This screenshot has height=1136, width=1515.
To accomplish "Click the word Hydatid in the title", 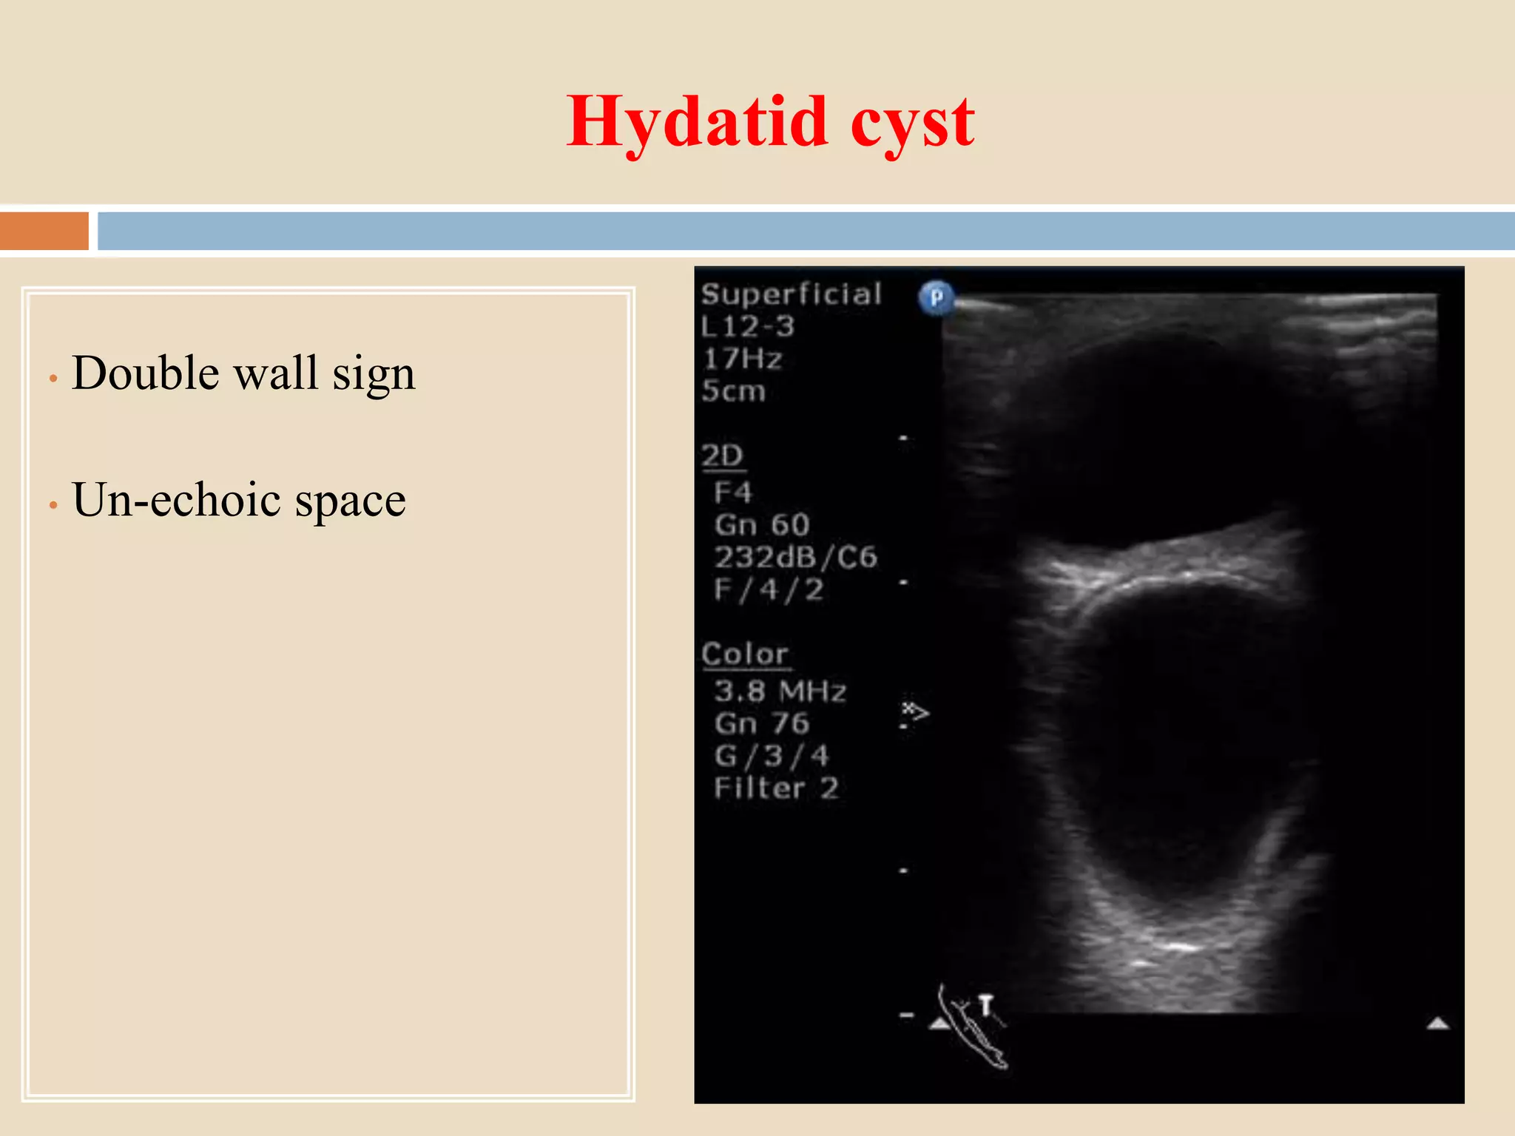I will [x=696, y=123].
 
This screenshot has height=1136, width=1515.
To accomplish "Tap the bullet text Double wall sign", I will [x=243, y=373].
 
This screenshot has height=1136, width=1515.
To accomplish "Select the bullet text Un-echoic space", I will [x=239, y=500].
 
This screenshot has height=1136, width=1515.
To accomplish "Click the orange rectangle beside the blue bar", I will [x=44, y=231].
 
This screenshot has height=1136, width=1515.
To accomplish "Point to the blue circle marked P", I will [x=936, y=297].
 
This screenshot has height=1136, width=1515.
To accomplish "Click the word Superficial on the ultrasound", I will [x=792, y=294].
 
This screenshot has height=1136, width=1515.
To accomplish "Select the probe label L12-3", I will [x=747, y=326].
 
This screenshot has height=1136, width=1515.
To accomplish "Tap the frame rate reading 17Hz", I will [x=742, y=359].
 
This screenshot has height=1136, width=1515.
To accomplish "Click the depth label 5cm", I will [x=733, y=390].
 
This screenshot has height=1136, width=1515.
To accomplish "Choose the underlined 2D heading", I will [x=722, y=456].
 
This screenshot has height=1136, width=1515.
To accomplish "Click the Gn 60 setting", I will [x=762, y=524].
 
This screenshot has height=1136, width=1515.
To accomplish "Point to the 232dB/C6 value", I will [x=795, y=557].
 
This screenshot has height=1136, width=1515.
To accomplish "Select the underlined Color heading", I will [x=745, y=655].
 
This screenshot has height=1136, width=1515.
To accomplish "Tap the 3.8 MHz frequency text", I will [x=780, y=691].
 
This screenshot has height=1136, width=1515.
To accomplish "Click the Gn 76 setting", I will [x=762, y=723].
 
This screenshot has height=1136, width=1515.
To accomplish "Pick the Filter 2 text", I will [x=776, y=788].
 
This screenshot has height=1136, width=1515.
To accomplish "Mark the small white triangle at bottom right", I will [x=1437, y=1024].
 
